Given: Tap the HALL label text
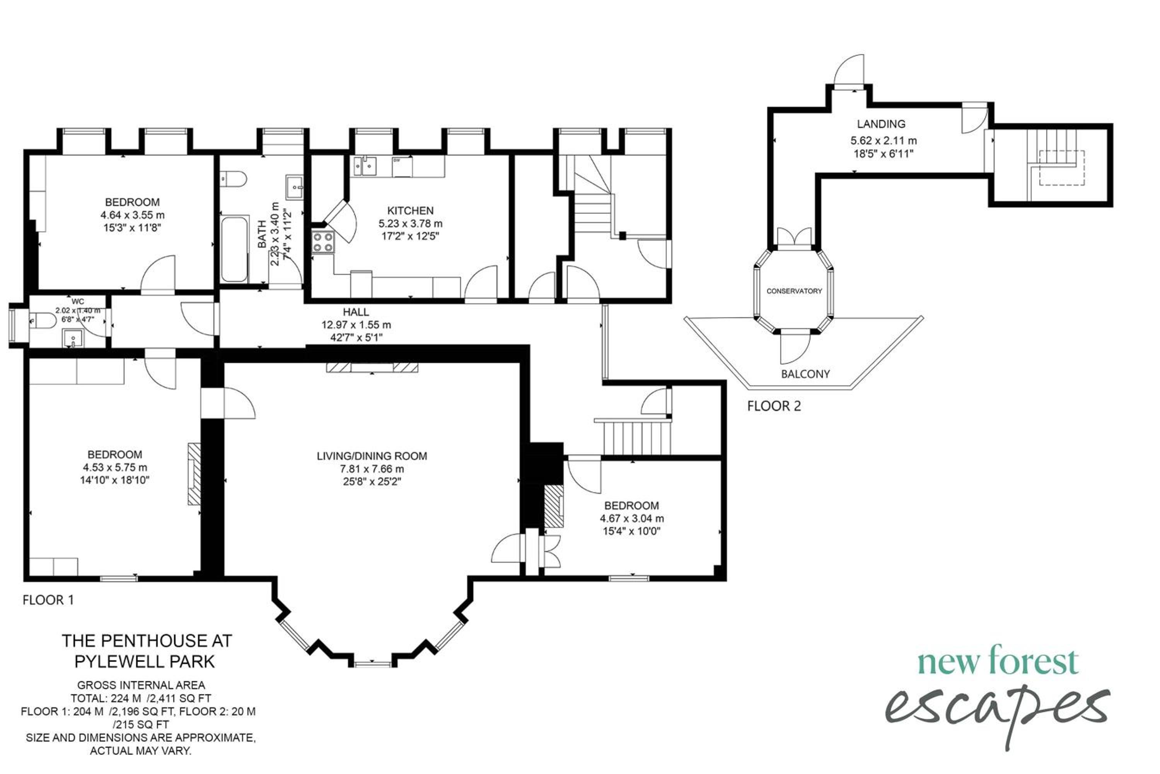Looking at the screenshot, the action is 356,312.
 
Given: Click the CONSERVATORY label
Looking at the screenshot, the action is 794,291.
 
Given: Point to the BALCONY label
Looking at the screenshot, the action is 805,374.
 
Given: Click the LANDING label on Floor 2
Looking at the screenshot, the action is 881,124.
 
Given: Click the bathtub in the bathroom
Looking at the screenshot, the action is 234,249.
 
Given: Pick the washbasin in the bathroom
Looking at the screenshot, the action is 294,187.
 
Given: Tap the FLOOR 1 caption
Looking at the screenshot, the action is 48,600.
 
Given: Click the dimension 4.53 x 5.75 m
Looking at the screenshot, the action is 115,467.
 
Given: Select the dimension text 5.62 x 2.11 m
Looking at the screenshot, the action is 883,141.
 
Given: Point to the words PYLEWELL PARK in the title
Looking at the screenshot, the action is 145,661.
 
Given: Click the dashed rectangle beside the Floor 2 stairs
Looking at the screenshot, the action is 1061,168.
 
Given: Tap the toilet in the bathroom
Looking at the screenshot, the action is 233,179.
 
